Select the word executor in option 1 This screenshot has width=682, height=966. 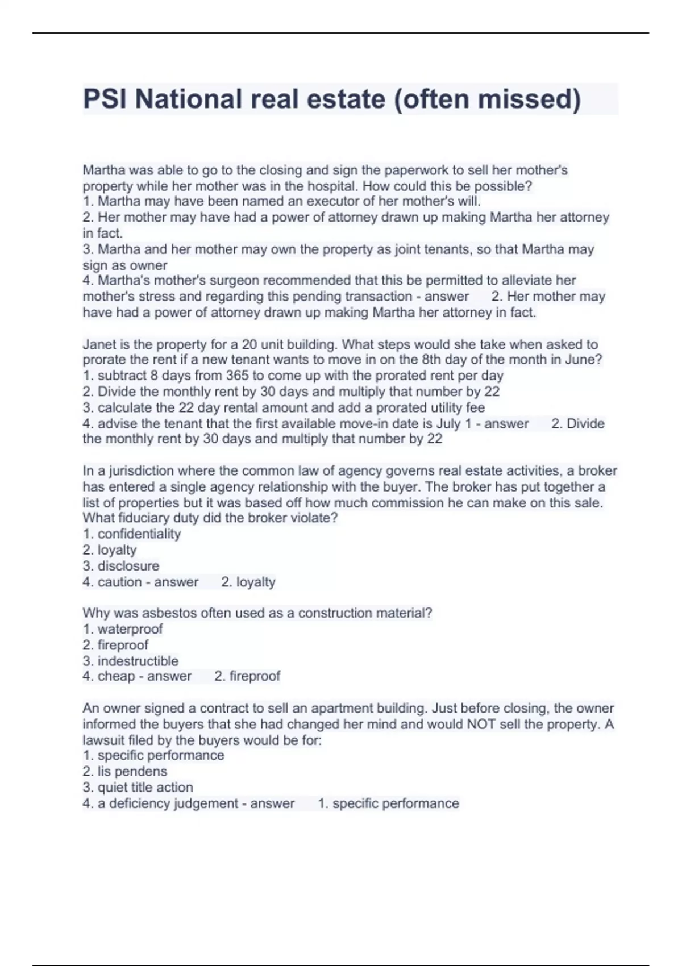[x=329, y=201]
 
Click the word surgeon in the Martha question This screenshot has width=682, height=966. [x=233, y=280]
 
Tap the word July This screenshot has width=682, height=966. [x=448, y=423]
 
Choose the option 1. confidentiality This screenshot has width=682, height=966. [x=132, y=534]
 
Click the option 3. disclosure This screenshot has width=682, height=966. [x=121, y=566]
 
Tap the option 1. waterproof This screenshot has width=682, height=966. [x=123, y=629]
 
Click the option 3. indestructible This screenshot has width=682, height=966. [x=131, y=661]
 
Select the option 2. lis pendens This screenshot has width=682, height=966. [x=125, y=772]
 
